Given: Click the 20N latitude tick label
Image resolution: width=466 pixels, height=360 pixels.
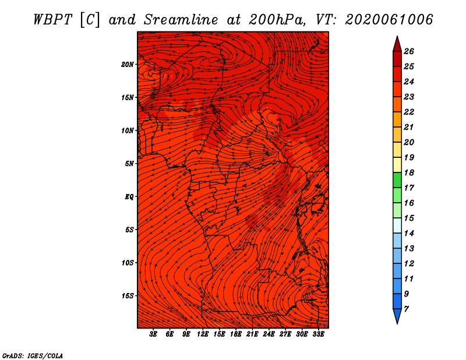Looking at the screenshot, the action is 128,65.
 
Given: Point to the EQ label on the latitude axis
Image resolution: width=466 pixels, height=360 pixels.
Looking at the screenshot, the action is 129,197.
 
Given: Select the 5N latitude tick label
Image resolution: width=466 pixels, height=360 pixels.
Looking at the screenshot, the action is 129,164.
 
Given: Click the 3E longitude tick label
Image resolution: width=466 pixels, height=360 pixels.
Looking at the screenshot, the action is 153,334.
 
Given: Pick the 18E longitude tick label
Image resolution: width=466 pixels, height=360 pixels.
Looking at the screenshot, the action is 236,334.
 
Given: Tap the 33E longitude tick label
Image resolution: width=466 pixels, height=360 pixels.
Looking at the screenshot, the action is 318,334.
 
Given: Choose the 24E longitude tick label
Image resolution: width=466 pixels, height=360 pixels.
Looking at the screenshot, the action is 269,334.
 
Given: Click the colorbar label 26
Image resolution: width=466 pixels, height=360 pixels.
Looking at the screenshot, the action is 409,51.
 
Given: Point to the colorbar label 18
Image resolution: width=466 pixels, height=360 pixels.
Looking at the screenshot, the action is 409,172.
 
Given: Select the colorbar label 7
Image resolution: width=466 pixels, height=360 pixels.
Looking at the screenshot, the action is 406,309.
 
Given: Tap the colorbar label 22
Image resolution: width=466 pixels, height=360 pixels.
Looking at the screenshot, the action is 409,112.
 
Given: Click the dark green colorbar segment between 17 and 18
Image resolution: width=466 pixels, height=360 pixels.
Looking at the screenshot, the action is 397,180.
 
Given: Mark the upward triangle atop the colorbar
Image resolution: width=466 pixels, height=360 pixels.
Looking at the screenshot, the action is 397,45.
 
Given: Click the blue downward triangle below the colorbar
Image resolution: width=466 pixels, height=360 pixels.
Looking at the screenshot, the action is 397,315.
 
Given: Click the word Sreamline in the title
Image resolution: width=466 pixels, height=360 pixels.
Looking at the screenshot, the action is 181,20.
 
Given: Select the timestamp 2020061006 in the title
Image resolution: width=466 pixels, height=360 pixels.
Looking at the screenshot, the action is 389,20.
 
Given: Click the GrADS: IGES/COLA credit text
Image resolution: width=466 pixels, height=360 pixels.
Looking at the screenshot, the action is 33,356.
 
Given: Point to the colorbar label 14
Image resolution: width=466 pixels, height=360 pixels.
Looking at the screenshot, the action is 409,234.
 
